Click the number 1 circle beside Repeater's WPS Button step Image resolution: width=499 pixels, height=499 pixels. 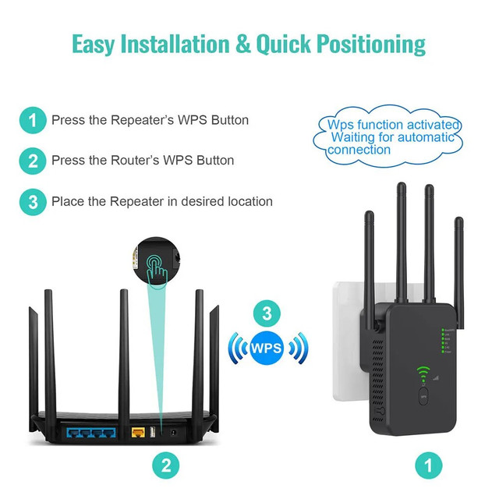tap(33, 121)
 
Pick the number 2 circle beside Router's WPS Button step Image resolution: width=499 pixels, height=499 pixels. tap(33, 161)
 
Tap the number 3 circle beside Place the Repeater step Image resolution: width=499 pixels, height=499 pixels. tap(33, 202)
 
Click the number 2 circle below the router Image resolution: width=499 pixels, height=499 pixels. tap(166, 466)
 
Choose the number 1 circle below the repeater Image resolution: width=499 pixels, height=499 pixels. tap(426, 466)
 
